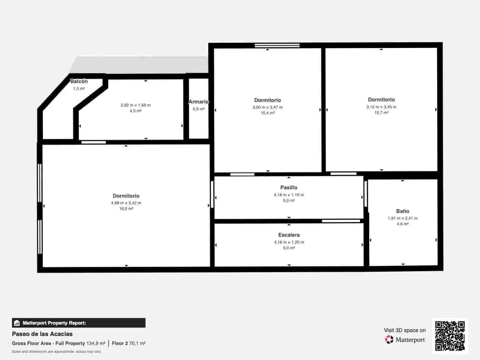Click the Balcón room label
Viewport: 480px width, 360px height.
(79, 81)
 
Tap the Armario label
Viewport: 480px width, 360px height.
(198, 102)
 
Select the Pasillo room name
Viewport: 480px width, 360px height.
(289, 187)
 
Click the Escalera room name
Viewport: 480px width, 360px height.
(289, 235)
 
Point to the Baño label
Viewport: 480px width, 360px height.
(402, 211)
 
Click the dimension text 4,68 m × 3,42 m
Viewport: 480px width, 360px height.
(126, 203)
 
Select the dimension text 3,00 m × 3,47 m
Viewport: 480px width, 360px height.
(267, 107)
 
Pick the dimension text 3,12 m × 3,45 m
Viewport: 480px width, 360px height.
(381, 107)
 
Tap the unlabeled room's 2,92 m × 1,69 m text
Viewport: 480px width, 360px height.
(136, 105)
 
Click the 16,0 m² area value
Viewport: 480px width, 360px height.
(126, 208)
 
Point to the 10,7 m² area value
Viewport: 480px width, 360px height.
(381, 113)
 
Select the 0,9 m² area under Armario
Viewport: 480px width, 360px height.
(198, 109)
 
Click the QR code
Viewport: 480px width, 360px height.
(450, 336)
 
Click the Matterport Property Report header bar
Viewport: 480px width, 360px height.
(79, 323)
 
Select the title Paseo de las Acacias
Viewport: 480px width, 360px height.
(42, 334)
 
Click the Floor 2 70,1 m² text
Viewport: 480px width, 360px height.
(128, 343)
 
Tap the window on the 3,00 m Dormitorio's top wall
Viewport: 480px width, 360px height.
(277, 46)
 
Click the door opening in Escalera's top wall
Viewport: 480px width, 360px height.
(341, 221)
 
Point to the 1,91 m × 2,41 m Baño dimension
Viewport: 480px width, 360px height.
(402, 218)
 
